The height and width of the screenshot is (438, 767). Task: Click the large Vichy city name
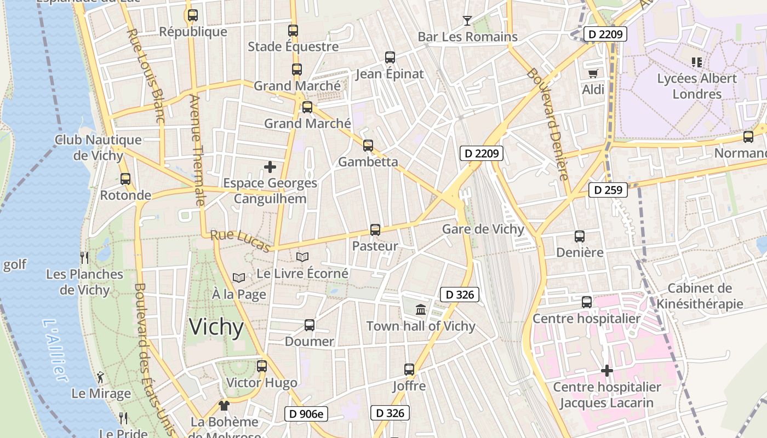click(x=216, y=327)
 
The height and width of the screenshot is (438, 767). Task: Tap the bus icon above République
click(x=192, y=15)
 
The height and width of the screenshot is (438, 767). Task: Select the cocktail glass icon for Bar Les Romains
click(x=467, y=21)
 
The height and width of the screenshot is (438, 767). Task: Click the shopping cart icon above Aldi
click(x=593, y=73)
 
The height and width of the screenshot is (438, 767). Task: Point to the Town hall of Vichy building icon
click(x=421, y=310)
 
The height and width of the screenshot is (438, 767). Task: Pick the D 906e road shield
click(x=306, y=414)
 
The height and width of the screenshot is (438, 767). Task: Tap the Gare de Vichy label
click(x=483, y=229)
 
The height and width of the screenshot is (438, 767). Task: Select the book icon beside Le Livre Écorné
click(x=302, y=257)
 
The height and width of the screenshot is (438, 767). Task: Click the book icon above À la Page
click(x=239, y=278)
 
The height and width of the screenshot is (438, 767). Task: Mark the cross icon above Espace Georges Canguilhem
click(x=270, y=166)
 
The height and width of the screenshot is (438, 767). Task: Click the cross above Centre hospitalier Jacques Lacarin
click(x=607, y=371)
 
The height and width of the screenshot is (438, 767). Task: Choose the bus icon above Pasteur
click(x=375, y=230)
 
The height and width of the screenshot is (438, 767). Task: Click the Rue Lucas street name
click(x=241, y=241)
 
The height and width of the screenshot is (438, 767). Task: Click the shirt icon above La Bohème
click(x=224, y=406)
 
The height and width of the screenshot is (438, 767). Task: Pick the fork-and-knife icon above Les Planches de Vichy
click(x=84, y=257)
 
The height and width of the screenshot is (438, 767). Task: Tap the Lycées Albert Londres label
click(x=697, y=86)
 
